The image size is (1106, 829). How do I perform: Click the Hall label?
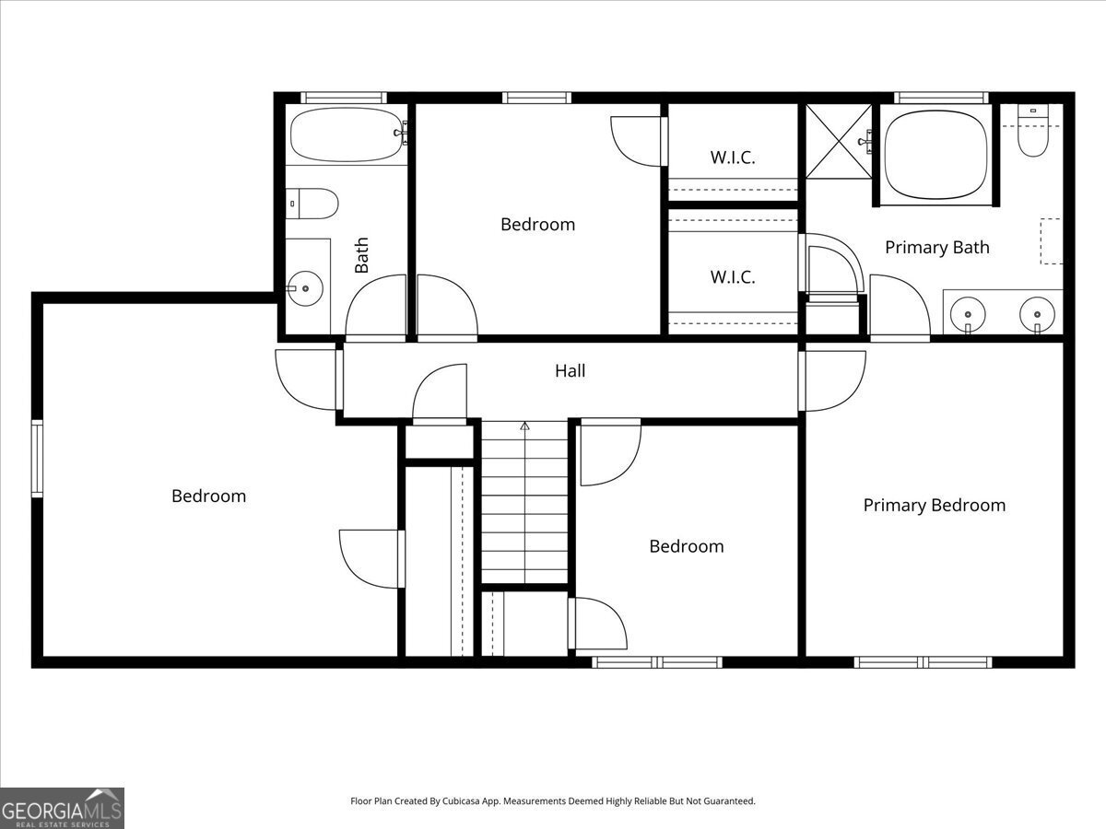pyautogui.click(x=570, y=371)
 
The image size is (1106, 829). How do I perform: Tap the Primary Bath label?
pyautogui.click(x=937, y=247)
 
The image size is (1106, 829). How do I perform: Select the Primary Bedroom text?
pyautogui.click(x=935, y=505)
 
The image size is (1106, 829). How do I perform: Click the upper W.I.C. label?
pyautogui.click(x=733, y=158)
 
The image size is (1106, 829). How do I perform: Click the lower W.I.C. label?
pyautogui.click(x=733, y=277)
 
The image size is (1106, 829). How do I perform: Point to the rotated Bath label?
pyautogui.click(x=361, y=255)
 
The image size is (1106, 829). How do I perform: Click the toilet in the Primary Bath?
pyautogui.click(x=1033, y=130)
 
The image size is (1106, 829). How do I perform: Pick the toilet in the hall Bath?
pyautogui.click(x=312, y=204)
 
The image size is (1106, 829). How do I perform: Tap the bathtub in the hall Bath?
pyautogui.click(x=347, y=134)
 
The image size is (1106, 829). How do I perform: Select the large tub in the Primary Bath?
pyautogui.click(x=935, y=155)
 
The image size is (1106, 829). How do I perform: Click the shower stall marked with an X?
pyautogui.click(x=839, y=141)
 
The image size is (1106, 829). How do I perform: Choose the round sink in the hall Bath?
pyautogui.click(x=305, y=288)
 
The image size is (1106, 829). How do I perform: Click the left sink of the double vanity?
pyautogui.click(x=968, y=315)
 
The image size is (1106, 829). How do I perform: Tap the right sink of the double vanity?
pyautogui.click(x=1037, y=315)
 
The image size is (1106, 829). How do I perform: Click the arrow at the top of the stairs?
pyautogui.click(x=525, y=426)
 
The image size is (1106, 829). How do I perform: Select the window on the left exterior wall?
pyautogui.click(x=37, y=459)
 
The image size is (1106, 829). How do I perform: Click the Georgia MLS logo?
pyautogui.click(x=62, y=809)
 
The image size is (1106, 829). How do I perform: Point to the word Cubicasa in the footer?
pyautogui.click(x=462, y=800)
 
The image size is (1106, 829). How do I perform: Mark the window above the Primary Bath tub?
pyautogui.click(x=941, y=98)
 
